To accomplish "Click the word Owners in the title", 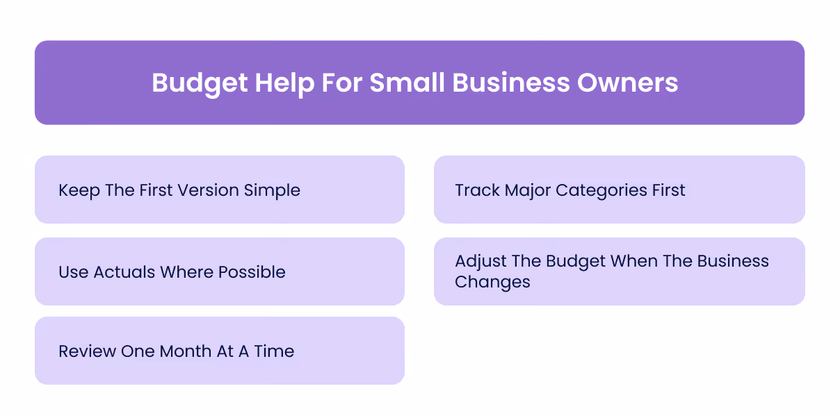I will tap(627, 83).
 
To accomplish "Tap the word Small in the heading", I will tap(407, 83).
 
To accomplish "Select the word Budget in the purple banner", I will tap(200, 83).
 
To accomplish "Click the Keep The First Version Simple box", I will tap(220, 190).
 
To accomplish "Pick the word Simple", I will tap(272, 190).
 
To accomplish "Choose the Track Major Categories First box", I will tap(619, 190).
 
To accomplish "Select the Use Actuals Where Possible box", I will tap(220, 271).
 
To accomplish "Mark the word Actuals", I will tap(122, 272).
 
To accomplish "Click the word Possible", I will tap(252, 272).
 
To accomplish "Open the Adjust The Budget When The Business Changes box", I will tap(619, 271).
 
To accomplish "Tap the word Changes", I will tap(492, 283).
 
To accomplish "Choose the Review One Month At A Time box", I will tap(220, 351).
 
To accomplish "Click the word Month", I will tap(186, 351).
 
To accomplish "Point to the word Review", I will tap(87, 351).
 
